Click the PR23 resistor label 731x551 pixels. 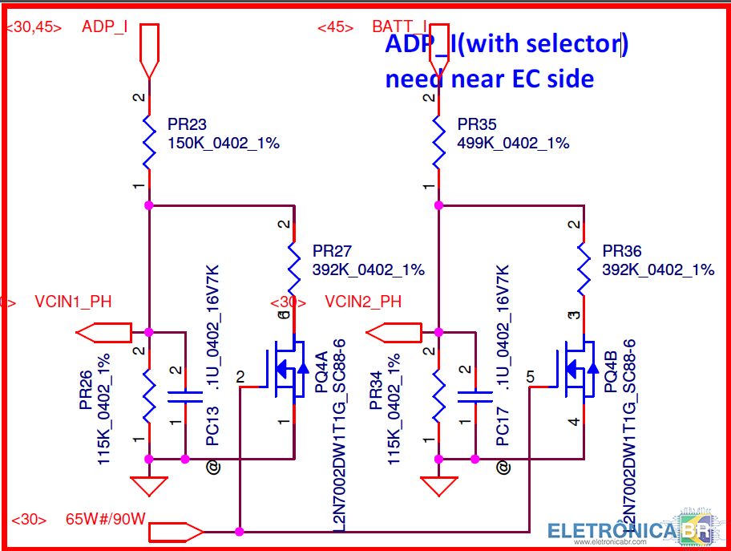click(x=187, y=124)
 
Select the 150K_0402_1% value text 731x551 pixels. click(x=223, y=143)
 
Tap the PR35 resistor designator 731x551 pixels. click(x=477, y=124)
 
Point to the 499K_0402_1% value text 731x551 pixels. click(x=513, y=143)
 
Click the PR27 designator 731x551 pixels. click(x=332, y=251)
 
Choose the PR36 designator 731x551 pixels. click(x=622, y=251)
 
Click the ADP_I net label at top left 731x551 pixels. click(x=105, y=26)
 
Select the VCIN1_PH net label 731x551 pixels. click(x=73, y=302)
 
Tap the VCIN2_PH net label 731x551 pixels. click(x=363, y=302)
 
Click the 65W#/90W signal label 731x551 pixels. click(x=105, y=519)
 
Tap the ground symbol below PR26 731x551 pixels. click(x=148, y=485)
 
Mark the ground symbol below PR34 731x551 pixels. click(x=438, y=485)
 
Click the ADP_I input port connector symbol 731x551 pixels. click(x=149, y=50)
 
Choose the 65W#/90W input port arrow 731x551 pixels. click(x=176, y=531)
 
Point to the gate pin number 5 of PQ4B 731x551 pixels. click(x=531, y=375)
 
